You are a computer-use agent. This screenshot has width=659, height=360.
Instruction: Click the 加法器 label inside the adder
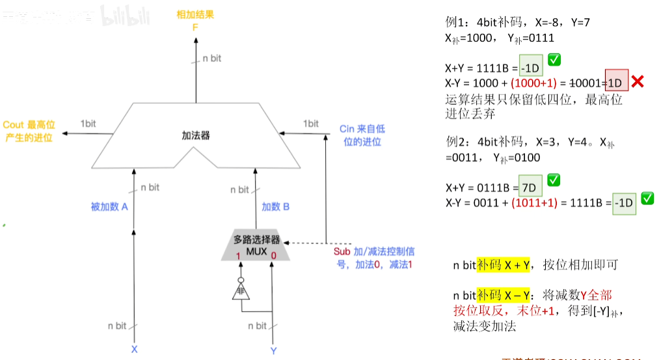coord(196,135)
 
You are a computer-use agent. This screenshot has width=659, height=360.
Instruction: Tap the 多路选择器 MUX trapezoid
coord(256,245)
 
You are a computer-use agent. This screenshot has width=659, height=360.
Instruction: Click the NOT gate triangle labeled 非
coord(241,292)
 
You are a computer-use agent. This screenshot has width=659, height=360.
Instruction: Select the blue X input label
coord(134,349)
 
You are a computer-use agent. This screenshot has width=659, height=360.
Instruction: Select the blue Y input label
coord(273,350)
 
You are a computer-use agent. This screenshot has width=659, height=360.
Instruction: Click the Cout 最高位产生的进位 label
coord(29,131)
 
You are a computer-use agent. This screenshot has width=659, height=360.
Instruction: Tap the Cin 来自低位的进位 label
coord(362,135)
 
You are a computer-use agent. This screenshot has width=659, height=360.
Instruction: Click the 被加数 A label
coord(109,207)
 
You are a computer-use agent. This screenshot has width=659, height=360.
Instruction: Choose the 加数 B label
coord(275,207)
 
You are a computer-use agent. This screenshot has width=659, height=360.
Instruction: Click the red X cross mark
coord(638,82)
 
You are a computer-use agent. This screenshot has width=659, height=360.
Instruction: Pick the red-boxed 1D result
coord(616,82)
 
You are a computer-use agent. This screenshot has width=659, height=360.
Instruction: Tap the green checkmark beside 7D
coord(555,180)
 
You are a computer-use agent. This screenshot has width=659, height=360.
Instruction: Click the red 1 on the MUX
coord(239,256)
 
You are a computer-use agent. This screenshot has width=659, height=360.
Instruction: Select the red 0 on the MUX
coord(273,256)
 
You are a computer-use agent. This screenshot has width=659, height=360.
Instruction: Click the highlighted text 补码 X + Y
coord(504,265)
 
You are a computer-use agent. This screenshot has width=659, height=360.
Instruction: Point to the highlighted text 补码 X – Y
coord(504,295)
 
